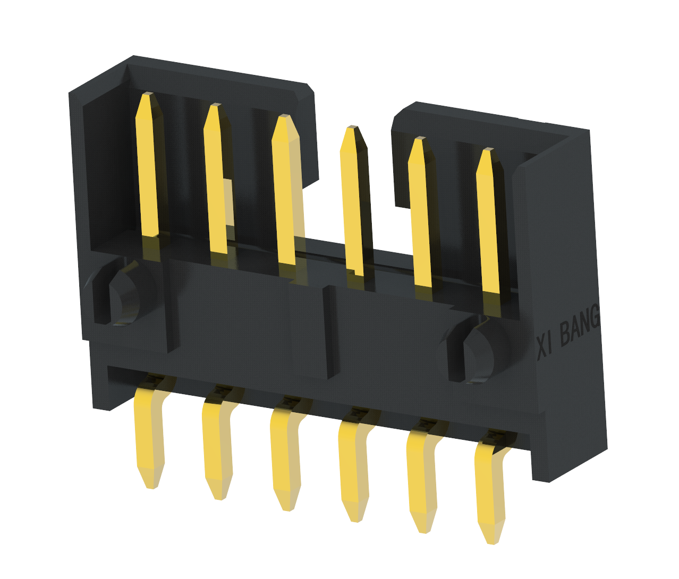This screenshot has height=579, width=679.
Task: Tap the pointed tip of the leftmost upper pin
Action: (x=149, y=93)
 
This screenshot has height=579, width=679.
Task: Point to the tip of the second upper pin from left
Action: (x=216, y=105)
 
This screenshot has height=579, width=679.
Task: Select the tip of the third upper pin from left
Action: (x=285, y=116)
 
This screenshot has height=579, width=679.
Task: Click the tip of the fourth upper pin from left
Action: (x=353, y=127)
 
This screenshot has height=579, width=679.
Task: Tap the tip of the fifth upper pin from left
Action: (x=420, y=138)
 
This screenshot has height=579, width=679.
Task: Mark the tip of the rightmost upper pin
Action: (x=488, y=149)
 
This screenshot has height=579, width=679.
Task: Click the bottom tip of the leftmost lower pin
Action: (x=151, y=488)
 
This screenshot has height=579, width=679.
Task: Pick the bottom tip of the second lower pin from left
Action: (x=220, y=499)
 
